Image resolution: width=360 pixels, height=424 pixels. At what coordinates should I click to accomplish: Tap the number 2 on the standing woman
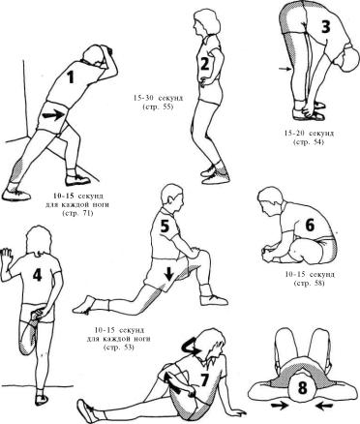pyautogui.click(x=205, y=65)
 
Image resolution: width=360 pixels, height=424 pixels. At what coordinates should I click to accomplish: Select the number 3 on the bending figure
pyautogui.click(x=326, y=26)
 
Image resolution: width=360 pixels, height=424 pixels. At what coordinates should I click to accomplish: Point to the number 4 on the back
pyautogui.click(x=38, y=275)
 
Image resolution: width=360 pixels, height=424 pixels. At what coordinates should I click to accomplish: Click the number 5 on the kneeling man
pyautogui.click(x=165, y=226)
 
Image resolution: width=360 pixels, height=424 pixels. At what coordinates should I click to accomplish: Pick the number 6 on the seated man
pyautogui.click(x=310, y=225)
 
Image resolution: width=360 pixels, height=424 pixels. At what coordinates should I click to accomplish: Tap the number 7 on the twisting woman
pyautogui.click(x=205, y=379)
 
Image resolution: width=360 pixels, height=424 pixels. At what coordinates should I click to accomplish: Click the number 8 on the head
pyautogui.click(x=302, y=388)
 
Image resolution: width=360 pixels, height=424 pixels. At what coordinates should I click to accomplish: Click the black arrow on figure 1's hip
pyautogui.click(x=55, y=115)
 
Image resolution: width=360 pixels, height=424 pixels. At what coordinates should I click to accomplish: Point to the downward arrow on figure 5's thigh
pyautogui.click(x=169, y=274)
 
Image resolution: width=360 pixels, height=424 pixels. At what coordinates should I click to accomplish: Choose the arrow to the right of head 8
pyautogui.click(x=324, y=405)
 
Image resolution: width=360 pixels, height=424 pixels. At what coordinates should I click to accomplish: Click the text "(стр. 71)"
pyautogui.click(x=76, y=213)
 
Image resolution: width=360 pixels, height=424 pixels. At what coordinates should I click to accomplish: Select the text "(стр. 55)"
pyautogui.click(x=158, y=107)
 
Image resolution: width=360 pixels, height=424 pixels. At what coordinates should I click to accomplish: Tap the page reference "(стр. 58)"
pyautogui.click(x=309, y=284)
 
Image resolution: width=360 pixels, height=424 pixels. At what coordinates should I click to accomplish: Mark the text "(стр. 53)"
pyautogui.click(x=119, y=348)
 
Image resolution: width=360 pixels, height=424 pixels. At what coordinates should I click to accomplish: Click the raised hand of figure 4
pyautogui.click(x=6, y=257)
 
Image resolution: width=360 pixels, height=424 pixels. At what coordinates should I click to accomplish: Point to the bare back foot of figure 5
pyautogui.click(x=84, y=305)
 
